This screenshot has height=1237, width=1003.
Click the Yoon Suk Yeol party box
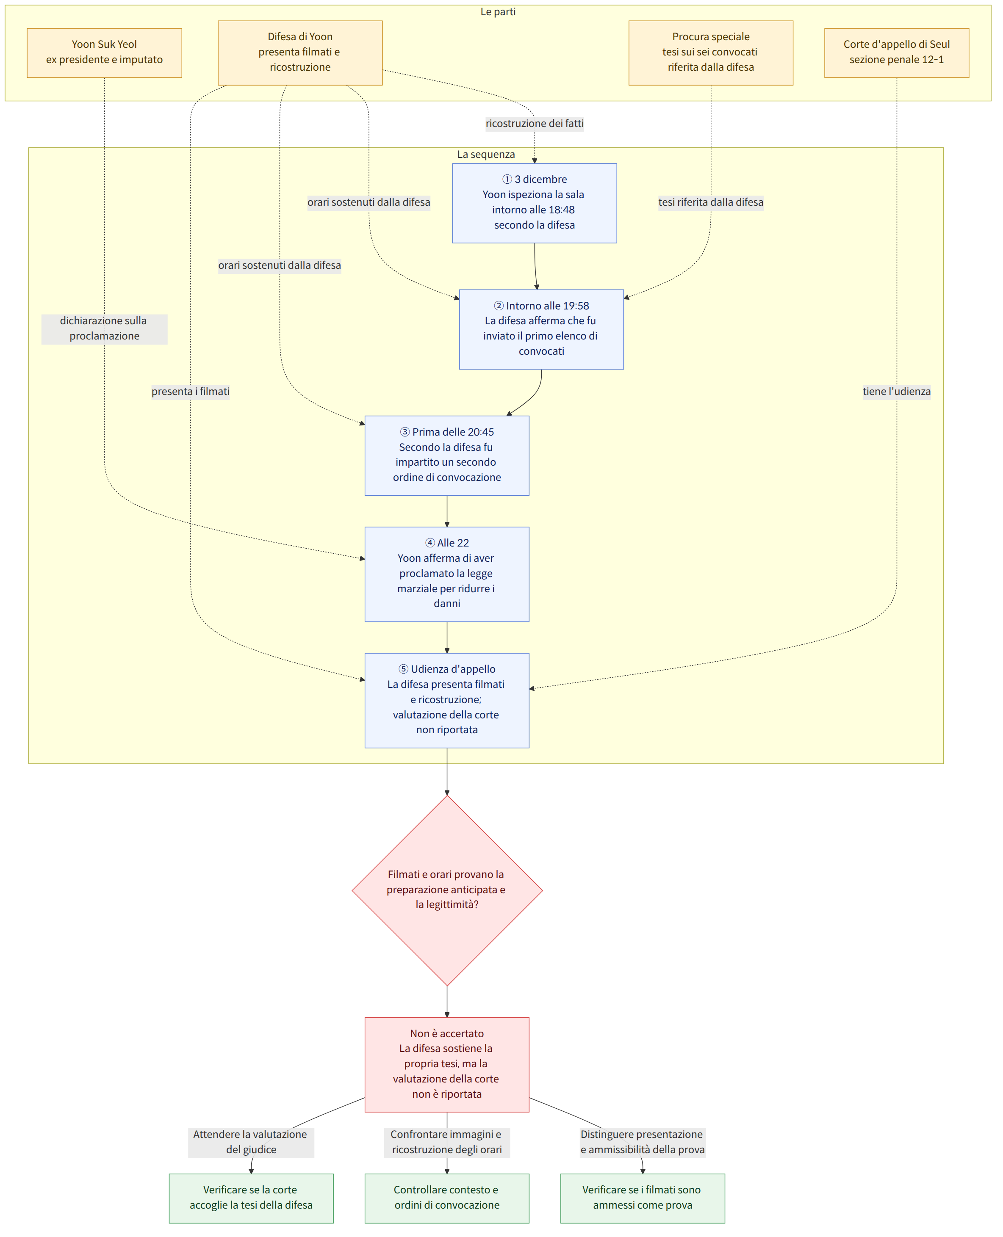click(x=104, y=52)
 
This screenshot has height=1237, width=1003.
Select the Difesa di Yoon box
click(x=300, y=52)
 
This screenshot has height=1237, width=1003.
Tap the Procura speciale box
click(x=711, y=52)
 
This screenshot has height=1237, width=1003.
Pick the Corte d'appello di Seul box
click(x=896, y=52)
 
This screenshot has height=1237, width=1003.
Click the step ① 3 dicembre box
click(x=535, y=203)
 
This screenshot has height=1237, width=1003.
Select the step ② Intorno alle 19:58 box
click(x=541, y=329)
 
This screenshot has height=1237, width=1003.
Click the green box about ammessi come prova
click(x=643, y=1198)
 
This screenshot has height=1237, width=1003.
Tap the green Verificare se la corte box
click(x=251, y=1198)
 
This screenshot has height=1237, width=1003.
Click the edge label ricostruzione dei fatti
click(x=535, y=124)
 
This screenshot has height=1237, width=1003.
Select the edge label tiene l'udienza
click(x=896, y=392)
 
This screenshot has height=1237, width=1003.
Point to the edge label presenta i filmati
click(x=190, y=392)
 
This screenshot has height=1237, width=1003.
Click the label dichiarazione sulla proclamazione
click(x=104, y=329)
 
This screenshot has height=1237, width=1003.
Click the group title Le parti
click(x=498, y=11)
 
